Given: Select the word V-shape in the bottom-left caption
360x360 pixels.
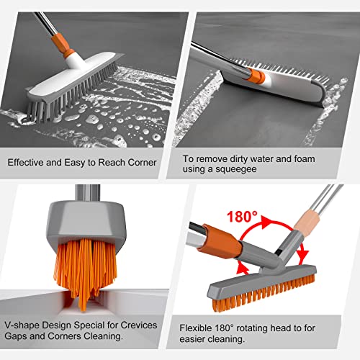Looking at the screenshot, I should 25,323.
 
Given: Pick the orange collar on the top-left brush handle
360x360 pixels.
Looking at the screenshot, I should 70,54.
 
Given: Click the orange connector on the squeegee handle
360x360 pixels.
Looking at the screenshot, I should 253,76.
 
